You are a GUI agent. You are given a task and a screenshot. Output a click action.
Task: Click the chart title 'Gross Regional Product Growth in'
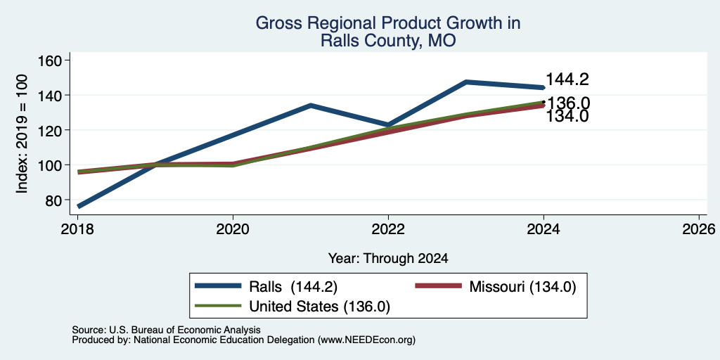[x=388, y=23]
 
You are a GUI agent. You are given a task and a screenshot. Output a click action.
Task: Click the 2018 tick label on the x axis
[x=78, y=229]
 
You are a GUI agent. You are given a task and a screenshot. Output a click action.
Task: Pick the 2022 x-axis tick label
[x=388, y=229]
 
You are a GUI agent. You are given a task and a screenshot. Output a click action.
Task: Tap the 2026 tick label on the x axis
[x=699, y=229]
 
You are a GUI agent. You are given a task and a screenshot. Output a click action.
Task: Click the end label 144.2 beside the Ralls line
[x=567, y=80]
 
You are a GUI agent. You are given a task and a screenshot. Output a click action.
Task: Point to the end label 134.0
[x=567, y=117]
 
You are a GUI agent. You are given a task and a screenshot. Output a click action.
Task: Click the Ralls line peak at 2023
[x=466, y=82]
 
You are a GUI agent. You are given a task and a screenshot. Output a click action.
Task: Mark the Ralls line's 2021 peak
[x=311, y=105]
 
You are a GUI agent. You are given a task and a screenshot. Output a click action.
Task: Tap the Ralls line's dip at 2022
[x=388, y=125]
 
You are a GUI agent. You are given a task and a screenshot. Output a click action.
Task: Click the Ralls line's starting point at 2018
[x=79, y=207]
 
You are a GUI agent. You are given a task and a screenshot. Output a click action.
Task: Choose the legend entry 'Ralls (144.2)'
[x=266, y=287]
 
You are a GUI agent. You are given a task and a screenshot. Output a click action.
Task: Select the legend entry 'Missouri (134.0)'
[x=496, y=287]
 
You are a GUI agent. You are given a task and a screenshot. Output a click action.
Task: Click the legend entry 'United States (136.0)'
[x=292, y=307]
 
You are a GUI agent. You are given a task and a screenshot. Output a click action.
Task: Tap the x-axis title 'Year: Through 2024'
[x=388, y=259]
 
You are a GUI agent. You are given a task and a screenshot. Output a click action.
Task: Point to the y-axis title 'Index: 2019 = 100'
[x=22, y=134]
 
